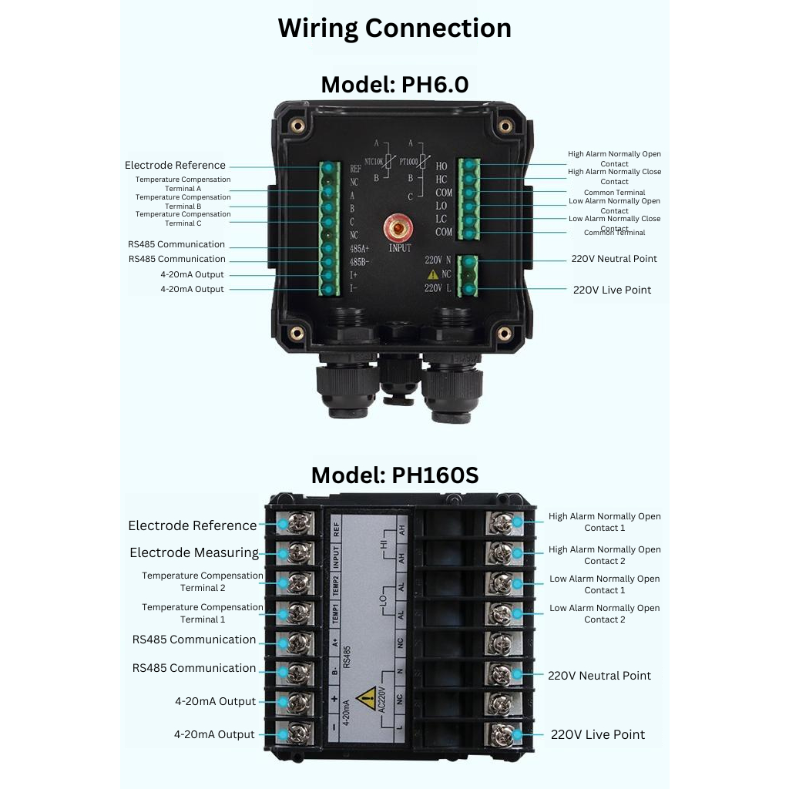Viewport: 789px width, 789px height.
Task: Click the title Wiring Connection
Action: pos(394,28)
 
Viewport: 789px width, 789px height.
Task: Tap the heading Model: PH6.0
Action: pos(394,84)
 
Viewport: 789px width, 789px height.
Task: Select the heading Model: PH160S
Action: pos(394,475)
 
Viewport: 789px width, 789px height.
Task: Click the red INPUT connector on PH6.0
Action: pos(399,229)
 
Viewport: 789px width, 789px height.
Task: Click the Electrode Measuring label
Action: pos(194,552)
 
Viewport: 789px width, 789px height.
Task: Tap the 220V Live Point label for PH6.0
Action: pos(612,290)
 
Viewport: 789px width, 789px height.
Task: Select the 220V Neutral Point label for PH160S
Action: pos(599,676)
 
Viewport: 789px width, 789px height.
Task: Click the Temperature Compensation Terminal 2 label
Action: pos(203,582)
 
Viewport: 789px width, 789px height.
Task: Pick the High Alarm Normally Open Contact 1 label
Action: pos(605,522)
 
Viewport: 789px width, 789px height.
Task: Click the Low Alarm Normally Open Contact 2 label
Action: pos(605,613)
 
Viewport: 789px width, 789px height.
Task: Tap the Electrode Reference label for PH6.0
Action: pos(175,165)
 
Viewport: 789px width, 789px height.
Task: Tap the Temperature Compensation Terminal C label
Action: pos(183,219)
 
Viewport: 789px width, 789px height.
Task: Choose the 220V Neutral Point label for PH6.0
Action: pos(614,259)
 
